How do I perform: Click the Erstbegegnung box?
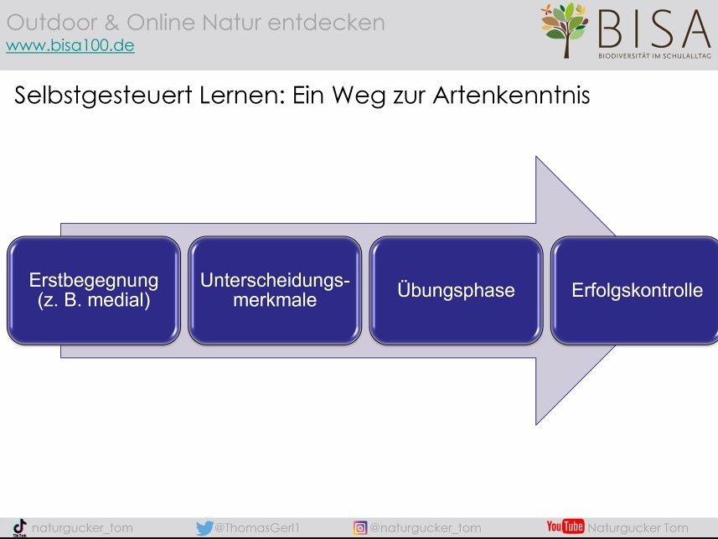point(94,290)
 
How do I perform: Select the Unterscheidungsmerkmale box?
point(275,290)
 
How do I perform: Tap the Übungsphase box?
point(456,290)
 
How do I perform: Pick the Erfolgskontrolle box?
point(635,290)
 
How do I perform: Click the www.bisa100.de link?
point(70,46)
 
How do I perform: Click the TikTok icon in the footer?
point(20,528)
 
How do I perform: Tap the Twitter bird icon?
point(204,528)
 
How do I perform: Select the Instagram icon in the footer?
point(360,528)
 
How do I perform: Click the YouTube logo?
point(565,526)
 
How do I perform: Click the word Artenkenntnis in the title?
point(511,96)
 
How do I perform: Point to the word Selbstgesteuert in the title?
point(103,96)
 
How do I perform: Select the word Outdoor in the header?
point(52,23)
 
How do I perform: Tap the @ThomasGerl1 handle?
point(257,528)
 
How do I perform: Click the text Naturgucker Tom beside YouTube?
point(638,528)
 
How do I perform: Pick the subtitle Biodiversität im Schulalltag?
point(655,56)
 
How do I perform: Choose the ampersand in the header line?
point(112,23)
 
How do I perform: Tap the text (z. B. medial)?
point(94,300)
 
